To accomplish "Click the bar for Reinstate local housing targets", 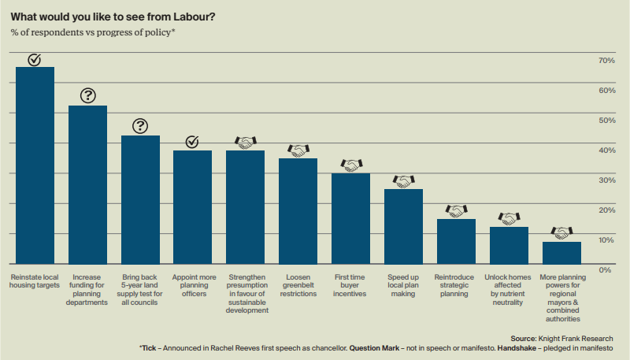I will coord(35,165).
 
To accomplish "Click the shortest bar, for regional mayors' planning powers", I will coord(561,253).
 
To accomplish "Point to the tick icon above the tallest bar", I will coord(35,59).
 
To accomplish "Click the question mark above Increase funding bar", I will coord(87,96).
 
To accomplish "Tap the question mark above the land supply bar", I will coord(140,126).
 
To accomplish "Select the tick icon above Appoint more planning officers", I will coord(192,142).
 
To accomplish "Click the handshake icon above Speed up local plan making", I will coord(403,181).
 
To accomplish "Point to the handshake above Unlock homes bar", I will coord(509,218).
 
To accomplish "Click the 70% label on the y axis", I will coord(606,61).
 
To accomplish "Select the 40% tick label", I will coord(606,150).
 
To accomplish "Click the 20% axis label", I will coord(606,210).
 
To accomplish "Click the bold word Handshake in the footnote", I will coord(520,347).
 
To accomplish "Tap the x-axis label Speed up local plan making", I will coord(403,285).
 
